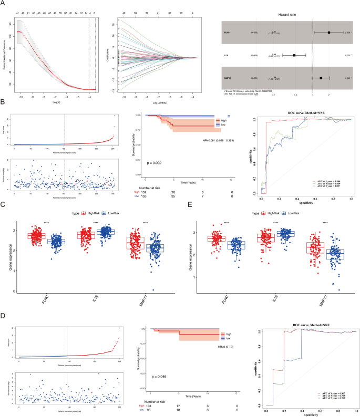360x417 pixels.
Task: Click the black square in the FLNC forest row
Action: tap(329, 32)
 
